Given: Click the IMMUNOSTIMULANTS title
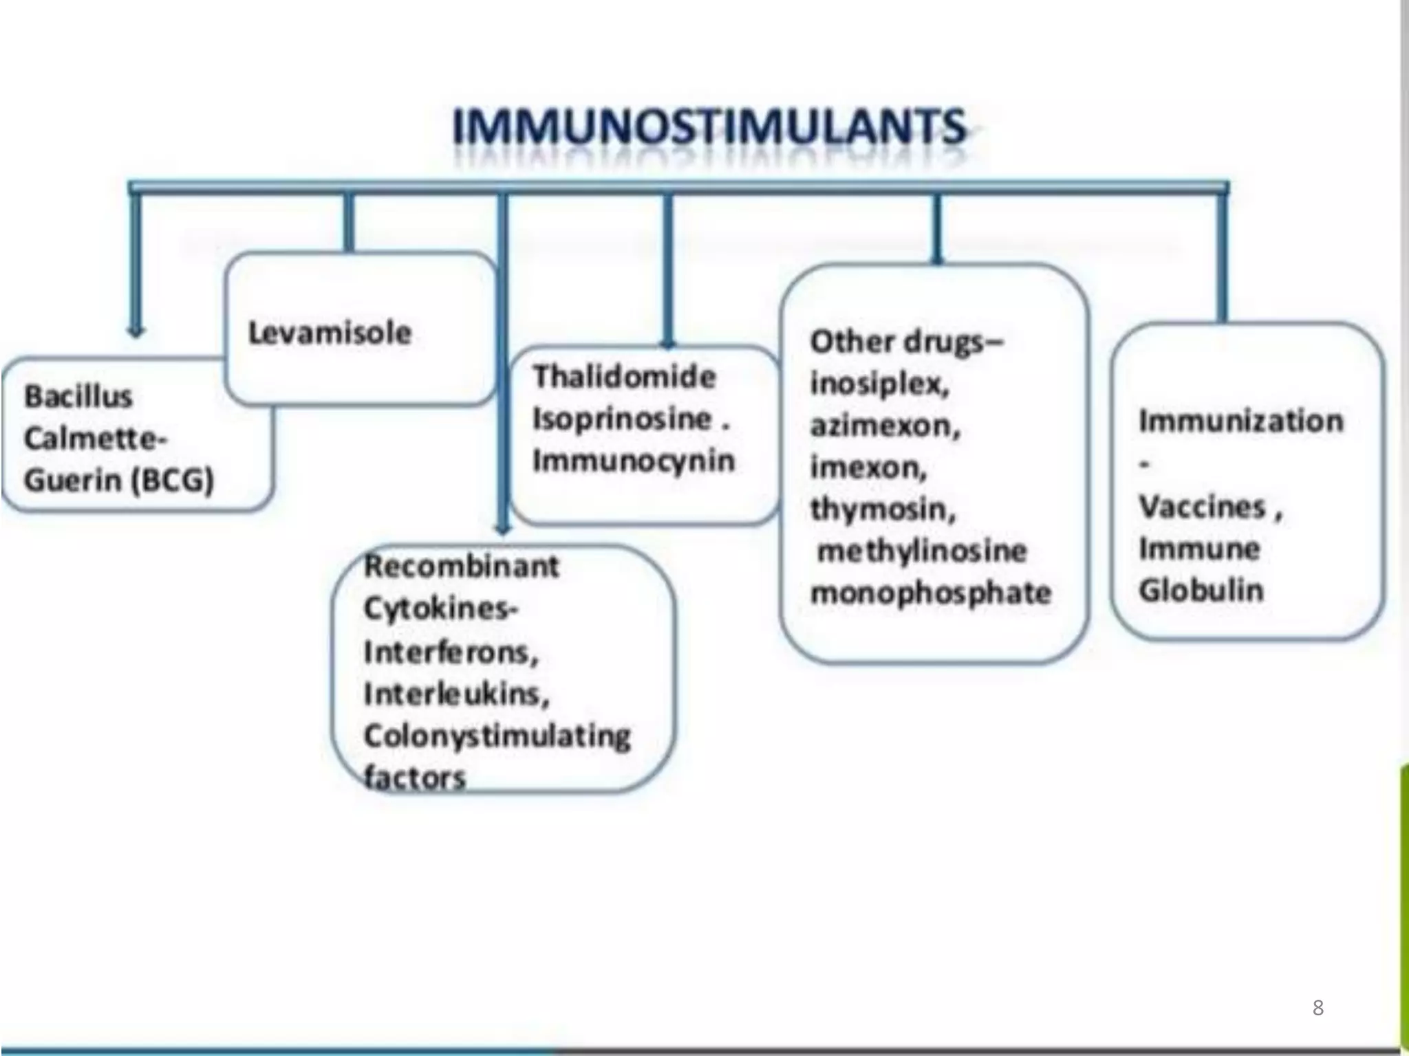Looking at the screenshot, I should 709,127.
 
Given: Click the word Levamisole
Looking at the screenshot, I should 330,333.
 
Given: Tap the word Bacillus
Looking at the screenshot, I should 78,397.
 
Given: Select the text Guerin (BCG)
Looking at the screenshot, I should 119,480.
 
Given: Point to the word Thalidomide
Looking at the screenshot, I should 625,377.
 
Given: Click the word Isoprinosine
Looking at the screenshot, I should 622,419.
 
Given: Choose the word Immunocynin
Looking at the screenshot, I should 634,461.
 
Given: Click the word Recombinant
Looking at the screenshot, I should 461,566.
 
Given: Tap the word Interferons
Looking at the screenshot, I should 451,652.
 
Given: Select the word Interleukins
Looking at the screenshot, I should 456,694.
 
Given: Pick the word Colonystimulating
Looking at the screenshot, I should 497,736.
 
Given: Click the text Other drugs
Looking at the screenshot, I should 905,342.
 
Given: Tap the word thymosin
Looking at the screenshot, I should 883,509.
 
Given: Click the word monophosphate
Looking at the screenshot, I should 931,593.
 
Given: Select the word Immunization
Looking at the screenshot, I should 1240,421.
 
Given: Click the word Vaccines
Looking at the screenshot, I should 1202,507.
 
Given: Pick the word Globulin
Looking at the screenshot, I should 1201,591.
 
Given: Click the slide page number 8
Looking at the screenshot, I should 1317,1008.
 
